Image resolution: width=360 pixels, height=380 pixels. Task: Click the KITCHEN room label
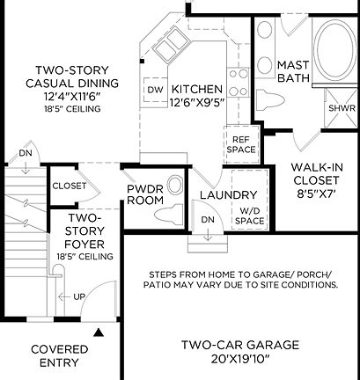click(x=197, y=90)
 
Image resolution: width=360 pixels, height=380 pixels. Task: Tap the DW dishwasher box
click(x=155, y=90)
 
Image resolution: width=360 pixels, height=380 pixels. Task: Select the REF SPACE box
click(x=239, y=144)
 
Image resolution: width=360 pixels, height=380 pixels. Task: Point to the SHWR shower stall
click(x=341, y=109)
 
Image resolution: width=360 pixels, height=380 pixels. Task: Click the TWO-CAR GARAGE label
click(x=240, y=345)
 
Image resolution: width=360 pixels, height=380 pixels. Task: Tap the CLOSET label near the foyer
click(x=69, y=186)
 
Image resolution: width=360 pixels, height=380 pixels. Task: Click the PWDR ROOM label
click(x=146, y=194)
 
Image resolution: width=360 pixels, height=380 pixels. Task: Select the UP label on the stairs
click(x=79, y=296)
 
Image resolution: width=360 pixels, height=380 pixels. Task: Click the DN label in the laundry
click(x=208, y=219)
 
